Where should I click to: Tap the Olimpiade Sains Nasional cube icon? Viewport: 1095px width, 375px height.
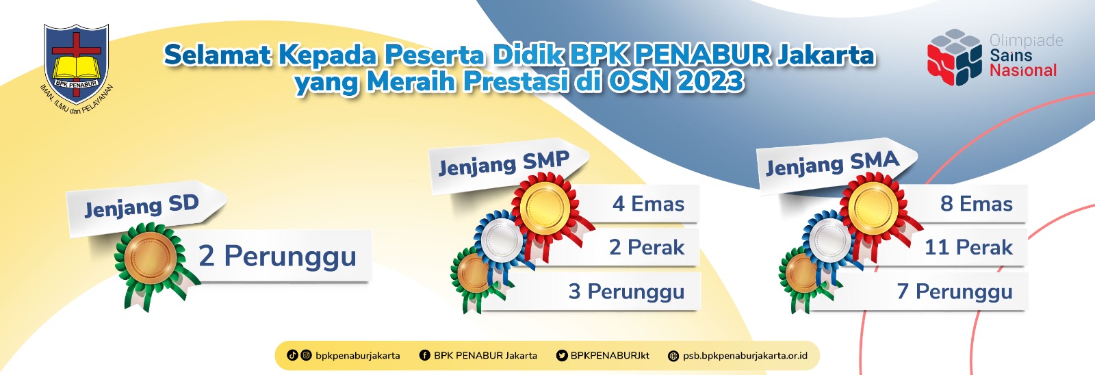click(954, 57)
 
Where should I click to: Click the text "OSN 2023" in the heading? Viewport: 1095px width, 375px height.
click(676, 81)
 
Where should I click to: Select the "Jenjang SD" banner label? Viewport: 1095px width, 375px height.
click(142, 206)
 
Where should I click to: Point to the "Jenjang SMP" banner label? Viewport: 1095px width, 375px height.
click(504, 164)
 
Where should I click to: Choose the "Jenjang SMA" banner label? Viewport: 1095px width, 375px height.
click(832, 164)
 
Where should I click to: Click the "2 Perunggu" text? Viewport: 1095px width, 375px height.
click(277, 257)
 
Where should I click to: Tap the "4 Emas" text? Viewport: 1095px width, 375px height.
click(649, 204)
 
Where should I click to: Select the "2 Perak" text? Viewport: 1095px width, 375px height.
click(647, 248)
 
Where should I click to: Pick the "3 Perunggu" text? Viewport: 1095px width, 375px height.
click(627, 292)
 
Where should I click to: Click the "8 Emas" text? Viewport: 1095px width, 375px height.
click(977, 204)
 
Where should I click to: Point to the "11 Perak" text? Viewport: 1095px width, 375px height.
click(969, 248)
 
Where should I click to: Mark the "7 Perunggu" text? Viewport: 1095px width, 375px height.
click(955, 292)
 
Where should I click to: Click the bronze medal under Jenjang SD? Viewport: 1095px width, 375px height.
click(151, 258)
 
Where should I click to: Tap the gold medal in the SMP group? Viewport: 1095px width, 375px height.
click(545, 208)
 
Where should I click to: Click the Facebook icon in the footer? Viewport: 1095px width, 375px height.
click(425, 355)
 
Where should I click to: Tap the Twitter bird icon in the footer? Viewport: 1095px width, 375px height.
click(562, 355)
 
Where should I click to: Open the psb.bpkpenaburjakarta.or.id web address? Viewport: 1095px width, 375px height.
click(745, 356)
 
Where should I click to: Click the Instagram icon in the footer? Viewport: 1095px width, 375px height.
click(306, 355)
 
